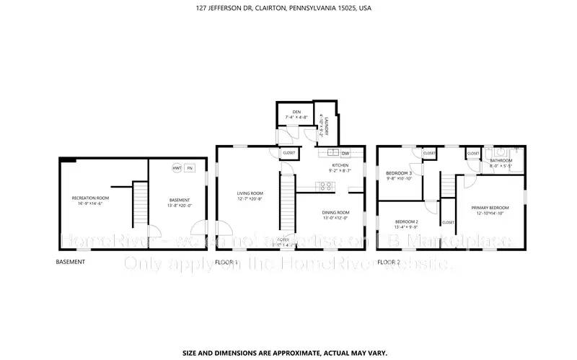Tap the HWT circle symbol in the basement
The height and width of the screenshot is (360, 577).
pos(176,168)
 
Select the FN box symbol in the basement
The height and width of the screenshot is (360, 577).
pos(190,168)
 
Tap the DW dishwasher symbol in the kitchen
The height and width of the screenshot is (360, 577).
pos(345,152)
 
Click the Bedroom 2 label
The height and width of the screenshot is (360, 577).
pos(407,224)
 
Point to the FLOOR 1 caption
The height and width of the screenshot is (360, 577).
pos(226,262)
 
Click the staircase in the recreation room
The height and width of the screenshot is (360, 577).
pos(140,203)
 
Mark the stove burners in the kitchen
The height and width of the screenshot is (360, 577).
pos(326,185)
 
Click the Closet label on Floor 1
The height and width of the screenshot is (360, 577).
pos(288,153)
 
